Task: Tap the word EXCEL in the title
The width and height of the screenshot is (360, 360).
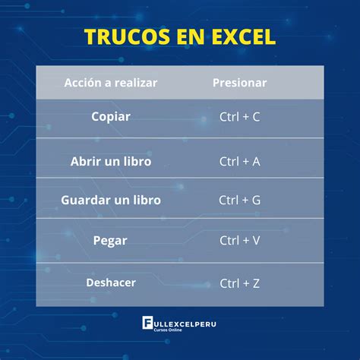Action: [x=239, y=37]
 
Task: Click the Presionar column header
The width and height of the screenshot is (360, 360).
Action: [x=239, y=82]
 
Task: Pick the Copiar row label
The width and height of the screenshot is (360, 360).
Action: [x=111, y=117]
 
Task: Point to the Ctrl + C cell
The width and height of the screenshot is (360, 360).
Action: [x=239, y=118]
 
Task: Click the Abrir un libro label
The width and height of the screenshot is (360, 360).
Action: [x=111, y=161]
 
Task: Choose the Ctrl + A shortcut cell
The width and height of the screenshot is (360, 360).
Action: [x=239, y=161]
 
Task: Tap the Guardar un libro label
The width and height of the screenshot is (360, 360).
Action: [x=111, y=200]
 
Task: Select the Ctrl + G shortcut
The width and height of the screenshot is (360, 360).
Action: [x=239, y=201]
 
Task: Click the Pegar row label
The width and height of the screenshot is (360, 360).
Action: [x=111, y=240]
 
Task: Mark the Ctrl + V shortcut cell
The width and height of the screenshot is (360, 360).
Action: [x=239, y=241]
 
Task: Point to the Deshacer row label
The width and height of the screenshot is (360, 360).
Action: [x=111, y=283]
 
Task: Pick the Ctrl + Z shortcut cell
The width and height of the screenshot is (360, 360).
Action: [x=239, y=283]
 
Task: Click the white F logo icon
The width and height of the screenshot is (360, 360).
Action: [x=148, y=324]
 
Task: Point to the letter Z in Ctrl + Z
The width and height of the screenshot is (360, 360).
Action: [x=256, y=283]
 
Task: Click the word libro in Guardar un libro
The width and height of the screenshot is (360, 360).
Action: [x=144, y=200]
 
